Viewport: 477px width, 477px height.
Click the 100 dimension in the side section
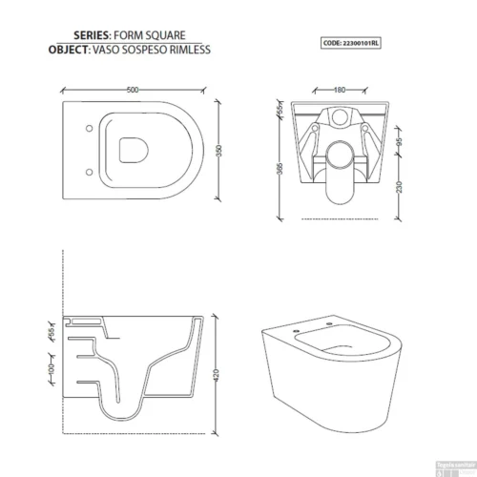pyautogui.click(x=49, y=366)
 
